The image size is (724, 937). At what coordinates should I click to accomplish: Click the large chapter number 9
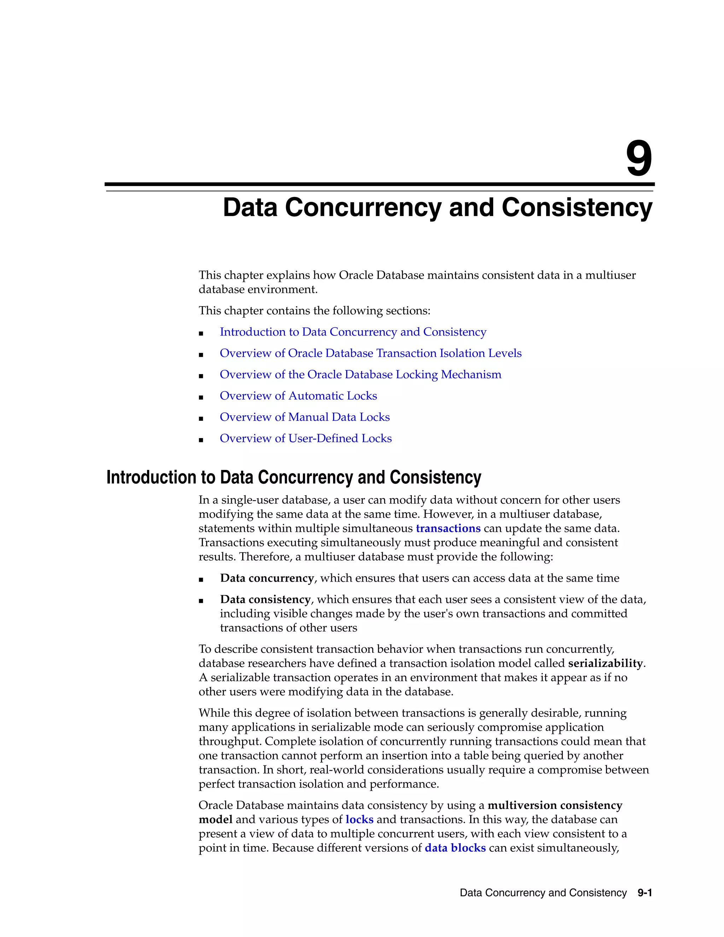pyautogui.click(x=639, y=159)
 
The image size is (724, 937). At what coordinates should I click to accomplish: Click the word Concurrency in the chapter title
pyautogui.click(x=362, y=208)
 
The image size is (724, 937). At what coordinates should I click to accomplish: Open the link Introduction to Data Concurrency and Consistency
pyautogui.click(x=352, y=332)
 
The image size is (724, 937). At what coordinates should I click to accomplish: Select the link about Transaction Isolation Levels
pyautogui.click(x=370, y=353)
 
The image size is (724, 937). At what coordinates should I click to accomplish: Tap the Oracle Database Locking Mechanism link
pyautogui.click(x=360, y=374)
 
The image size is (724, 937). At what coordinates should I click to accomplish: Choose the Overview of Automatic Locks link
pyautogui.click(x=298, y=396)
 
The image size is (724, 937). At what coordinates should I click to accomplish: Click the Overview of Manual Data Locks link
pyautogui.click(x=304, y=417)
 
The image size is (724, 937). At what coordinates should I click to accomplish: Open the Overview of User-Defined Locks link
pyautogui.click(x=305, y=438)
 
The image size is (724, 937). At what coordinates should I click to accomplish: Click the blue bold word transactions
pyautogui.click(x=448, y=529)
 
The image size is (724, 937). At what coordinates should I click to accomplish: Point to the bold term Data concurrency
pyautogui.click(x=267, y=578)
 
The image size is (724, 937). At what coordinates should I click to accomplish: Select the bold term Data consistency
pyautogui.click(x=265, y=599)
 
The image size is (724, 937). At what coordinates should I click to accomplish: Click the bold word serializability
pyautogui.click(x=605, y=663)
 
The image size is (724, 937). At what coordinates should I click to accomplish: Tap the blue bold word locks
pyautogui.click(x=359, y=820)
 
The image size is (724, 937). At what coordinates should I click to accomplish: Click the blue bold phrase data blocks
pyautogui.click(x=455, y=848)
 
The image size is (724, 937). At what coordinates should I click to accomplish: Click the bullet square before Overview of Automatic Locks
pyautogui.click(x=201, y=397)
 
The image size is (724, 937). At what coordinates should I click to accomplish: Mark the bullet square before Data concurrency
pyautogui.click(x=201, y=580)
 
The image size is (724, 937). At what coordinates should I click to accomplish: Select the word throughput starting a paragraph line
pyautogui.click(x=228, y=741)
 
